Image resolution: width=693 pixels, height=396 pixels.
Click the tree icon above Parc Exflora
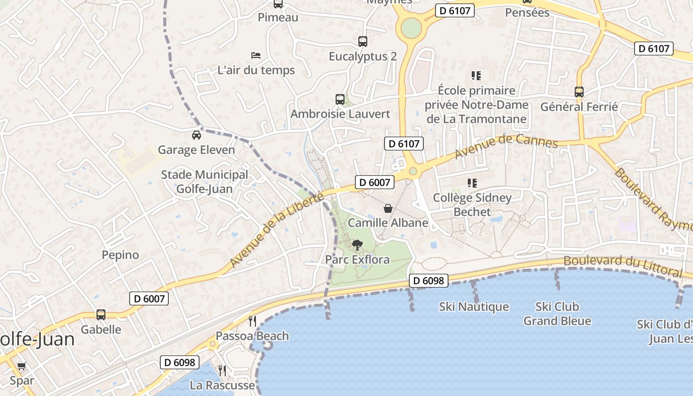click(x=356, y=245)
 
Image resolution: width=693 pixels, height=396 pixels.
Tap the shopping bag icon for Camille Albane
click(x=388, y=208)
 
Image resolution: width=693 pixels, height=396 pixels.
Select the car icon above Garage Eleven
click(x=197, y=135)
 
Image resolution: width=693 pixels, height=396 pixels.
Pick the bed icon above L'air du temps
click(x=256, y=55)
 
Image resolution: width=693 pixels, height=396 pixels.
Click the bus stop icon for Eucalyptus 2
click(x=363, y=42)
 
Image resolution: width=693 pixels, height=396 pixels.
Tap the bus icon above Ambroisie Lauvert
click(x=340, y=99)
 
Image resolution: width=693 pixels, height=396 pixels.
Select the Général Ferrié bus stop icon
click(x=579, y=92)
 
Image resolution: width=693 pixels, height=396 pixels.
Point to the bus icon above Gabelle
click(x=101, y=315)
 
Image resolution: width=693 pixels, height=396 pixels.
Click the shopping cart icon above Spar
click(x=21, y=366)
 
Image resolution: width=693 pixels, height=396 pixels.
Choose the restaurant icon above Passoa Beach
click(x=252, y=321)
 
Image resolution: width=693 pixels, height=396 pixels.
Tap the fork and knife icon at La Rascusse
click(x=222, y=370)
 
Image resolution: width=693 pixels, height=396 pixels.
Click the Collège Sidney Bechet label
click(x=472, y=204)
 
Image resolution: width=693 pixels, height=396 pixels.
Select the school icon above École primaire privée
click(x=476, y=76)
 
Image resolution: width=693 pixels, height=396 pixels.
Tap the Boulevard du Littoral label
click(x=623, y=266)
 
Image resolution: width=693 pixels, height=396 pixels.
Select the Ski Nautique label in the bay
click(x=474, y=307)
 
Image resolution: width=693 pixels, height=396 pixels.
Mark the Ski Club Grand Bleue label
click(x=557, y=314)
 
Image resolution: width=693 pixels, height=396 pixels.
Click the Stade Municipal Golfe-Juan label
click(x=204, y=182)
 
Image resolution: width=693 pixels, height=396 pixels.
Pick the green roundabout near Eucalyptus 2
click(x=411, y=28)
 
